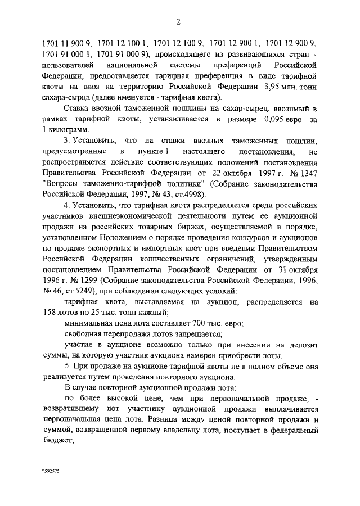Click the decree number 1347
(307, 173)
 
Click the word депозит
(304, 345)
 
